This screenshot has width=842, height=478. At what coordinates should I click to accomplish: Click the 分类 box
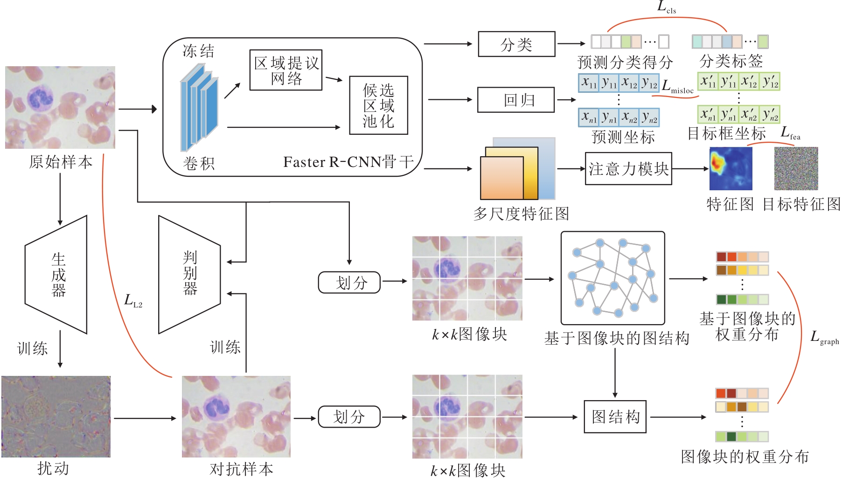[x=516, y=44]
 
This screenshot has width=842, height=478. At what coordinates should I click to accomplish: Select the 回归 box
[x=516, y=100]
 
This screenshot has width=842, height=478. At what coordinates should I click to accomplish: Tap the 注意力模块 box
[x=628, y=169]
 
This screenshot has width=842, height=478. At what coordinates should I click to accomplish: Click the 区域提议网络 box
[x=286, y=70]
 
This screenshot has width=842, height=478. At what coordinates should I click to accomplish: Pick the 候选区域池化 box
[x=378, y=105]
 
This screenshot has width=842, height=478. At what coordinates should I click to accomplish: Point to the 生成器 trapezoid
[x=57, y=275]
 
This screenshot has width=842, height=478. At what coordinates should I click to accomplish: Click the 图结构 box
[x=615, y=416]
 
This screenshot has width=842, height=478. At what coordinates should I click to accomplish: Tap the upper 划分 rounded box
[x=349, y=283]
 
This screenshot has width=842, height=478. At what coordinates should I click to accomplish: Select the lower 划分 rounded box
[x=349, y=416]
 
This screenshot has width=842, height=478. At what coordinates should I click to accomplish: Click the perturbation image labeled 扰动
[x=56, y=416]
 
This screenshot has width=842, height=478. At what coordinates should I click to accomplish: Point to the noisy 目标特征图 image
[x=796, y=168]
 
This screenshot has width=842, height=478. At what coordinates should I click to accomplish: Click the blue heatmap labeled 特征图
[x=731, y=168]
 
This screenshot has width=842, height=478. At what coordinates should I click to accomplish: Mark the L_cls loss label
[x=666, y=7]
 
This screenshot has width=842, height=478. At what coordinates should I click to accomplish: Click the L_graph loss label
[x=824, y=337]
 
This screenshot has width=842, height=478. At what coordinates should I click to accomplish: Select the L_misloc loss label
[x=677, y=87]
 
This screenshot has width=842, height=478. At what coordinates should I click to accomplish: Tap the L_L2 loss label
[x=133, y=301]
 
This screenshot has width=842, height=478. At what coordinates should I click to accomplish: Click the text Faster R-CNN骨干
[x=348, y=162]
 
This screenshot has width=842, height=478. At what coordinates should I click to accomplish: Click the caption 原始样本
[x=61, y=162]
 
